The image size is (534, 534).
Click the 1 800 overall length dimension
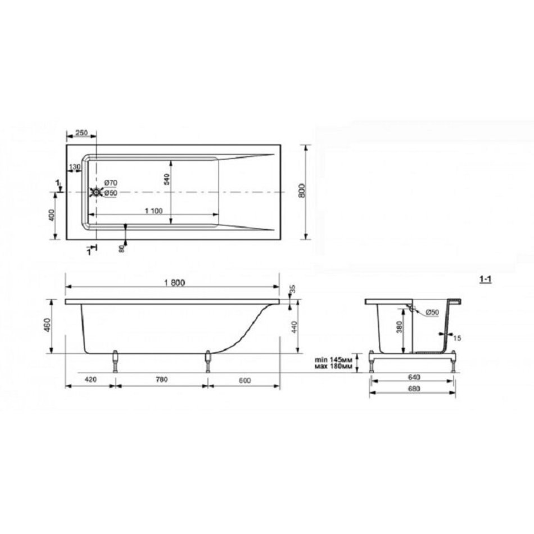pos(174,283)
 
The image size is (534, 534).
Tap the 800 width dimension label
pos(302,191)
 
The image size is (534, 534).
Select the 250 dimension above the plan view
pos(82,133)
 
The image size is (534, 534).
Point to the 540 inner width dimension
pos(166,179)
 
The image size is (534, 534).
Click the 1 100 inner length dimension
pos(153,211)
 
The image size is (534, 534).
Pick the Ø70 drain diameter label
pos(110,183)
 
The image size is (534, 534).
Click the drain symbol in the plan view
pos(96,192)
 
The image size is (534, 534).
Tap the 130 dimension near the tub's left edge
pos(75,167)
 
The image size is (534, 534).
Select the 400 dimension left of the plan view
pos(51,215)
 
